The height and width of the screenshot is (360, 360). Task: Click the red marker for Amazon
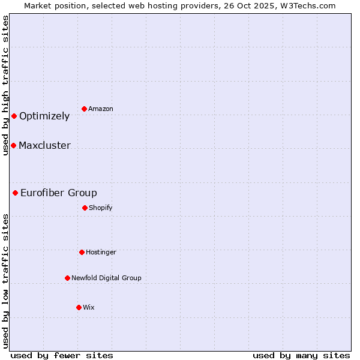coord(84,109)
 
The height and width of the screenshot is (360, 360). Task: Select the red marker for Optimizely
coord(14,116)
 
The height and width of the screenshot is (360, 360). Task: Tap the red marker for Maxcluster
coord(13,145)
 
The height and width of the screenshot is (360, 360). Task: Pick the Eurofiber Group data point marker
coord(15,193)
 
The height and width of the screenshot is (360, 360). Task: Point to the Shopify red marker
coord(85,208)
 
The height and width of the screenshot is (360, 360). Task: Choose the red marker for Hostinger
coord(82,252)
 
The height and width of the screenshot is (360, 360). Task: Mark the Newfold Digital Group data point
coord(67,278)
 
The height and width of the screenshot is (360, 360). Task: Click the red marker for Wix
coord(79,307)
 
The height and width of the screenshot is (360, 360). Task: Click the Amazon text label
coord(101,109)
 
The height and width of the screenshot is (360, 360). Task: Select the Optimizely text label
coord(44,116)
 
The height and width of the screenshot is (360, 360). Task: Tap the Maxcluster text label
coord(44,146)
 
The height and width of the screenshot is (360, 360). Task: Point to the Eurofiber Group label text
coord(59,193)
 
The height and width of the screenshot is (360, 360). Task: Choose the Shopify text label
coord(101,208)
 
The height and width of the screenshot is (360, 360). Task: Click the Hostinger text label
coord(101,253)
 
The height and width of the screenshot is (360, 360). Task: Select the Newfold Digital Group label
coord(106,278)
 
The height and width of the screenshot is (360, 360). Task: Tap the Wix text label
coord(89,308)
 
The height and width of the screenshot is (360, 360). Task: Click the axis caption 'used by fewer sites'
coord(62,356)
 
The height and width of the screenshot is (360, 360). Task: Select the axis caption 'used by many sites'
coord(301,356)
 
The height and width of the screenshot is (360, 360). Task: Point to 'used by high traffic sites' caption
coord(5,85)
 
